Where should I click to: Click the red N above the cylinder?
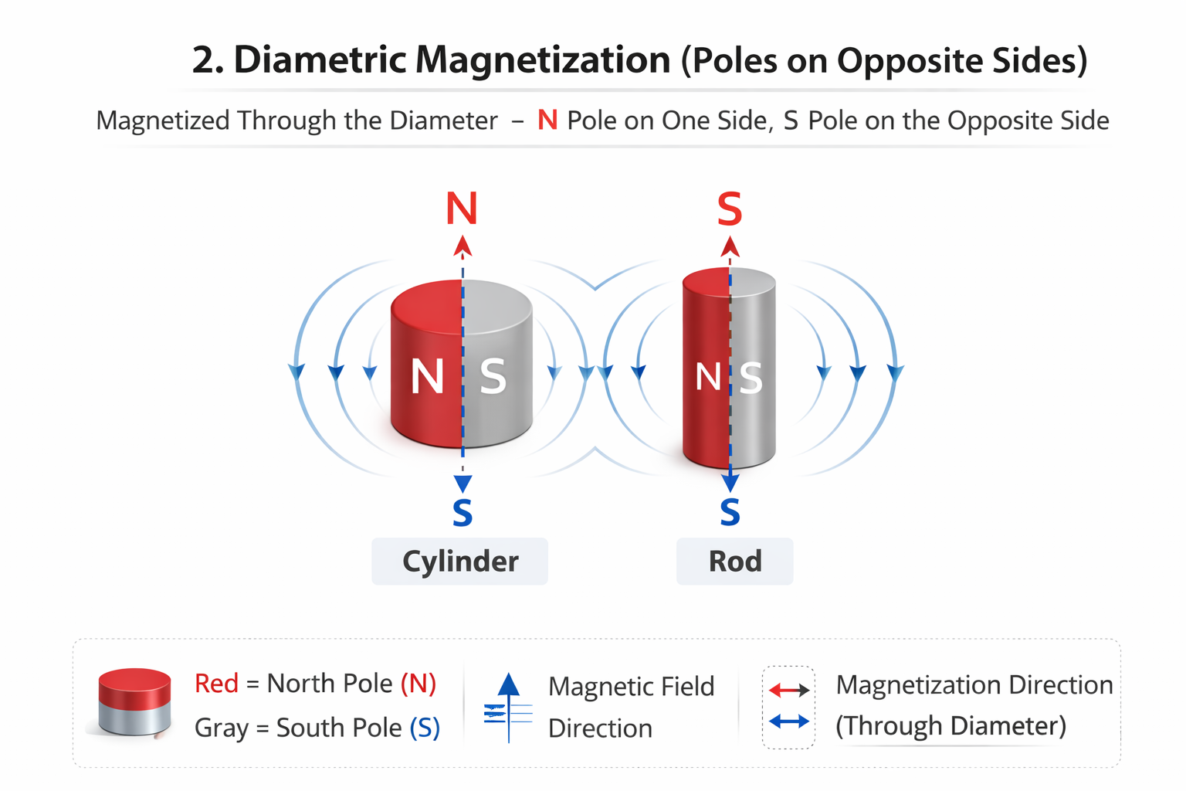[462, 209]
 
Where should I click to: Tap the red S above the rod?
[730, 209]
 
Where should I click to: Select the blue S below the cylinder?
[463, 513]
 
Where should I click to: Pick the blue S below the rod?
[730, 512]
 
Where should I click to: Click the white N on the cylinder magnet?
[427, 377]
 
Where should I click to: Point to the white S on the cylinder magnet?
[493, 377]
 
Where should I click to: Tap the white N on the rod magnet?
[708, 378]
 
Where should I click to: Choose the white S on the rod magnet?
[751, 379]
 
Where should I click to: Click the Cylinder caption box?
[459, 562]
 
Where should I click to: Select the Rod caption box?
[734, 562]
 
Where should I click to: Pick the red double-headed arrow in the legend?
[789, 690]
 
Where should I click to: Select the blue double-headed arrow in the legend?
[789, 721]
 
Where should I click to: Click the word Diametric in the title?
[320, 59]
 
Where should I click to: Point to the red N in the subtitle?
[547, 121]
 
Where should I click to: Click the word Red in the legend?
[216, 684]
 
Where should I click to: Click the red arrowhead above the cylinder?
[463, 246]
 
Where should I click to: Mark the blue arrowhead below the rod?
[730, 483]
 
